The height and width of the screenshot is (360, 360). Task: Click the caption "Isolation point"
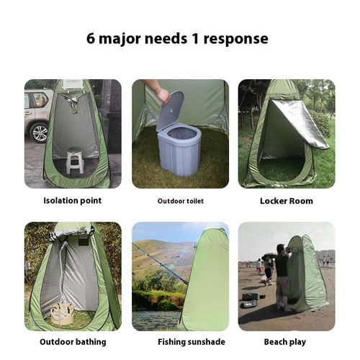73,201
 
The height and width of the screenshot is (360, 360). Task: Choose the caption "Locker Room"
286,201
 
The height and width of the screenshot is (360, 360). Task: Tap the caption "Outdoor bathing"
73,341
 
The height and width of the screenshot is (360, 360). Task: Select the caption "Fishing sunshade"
180,341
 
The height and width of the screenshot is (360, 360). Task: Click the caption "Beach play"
286,341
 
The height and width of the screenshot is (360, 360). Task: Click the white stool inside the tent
75,160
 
